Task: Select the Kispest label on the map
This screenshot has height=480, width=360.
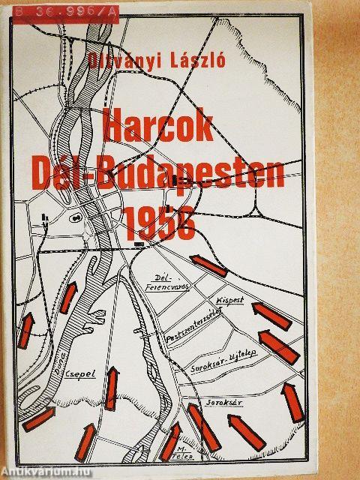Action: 231,298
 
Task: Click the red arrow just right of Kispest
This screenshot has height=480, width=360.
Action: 271,315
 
